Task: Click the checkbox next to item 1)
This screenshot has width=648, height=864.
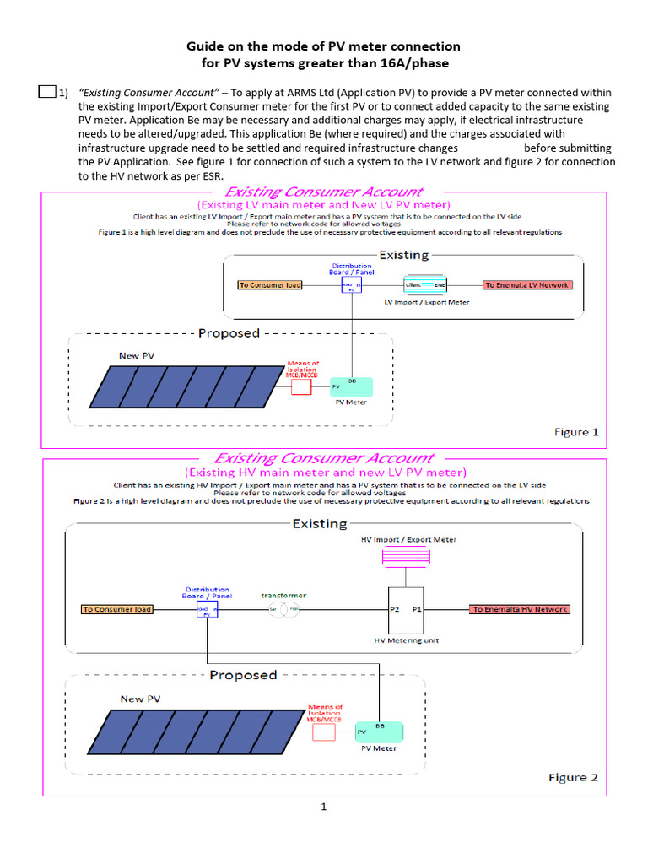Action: tap(47, 93)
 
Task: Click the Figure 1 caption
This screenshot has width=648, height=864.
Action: tap(576, 432)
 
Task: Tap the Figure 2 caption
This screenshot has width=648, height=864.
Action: tap(573, 777)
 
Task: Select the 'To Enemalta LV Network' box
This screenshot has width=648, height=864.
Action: tap(527, 285)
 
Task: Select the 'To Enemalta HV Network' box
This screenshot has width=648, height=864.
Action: tap(519, 609)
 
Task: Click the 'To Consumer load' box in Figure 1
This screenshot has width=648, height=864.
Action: tap(270, 285)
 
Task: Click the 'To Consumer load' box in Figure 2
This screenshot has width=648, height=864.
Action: tap(117, 609)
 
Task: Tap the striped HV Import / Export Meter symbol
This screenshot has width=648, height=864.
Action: tap(407, 558)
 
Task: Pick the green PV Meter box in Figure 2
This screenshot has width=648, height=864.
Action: tap(380, 731)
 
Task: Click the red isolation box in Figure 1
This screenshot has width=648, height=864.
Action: tap(301, 387)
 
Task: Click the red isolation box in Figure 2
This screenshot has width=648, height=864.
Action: tap(324, 731)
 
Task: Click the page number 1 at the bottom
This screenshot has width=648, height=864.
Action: tap(323, 807)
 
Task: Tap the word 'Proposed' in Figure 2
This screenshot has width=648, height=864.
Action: tap(243, 675)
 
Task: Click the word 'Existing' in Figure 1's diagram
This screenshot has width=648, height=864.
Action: tap(403, 255)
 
